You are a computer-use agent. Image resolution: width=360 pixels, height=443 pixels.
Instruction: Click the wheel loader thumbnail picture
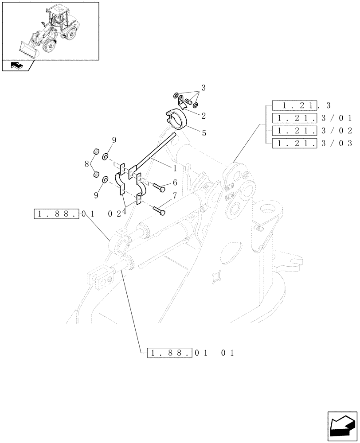pos(50,31)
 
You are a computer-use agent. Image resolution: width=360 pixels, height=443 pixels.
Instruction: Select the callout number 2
pos(203,116)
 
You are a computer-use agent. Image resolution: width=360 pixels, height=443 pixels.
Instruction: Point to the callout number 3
pos(203,88)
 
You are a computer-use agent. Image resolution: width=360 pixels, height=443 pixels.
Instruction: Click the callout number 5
pos(203,132)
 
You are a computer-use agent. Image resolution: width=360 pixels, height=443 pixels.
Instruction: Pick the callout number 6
pos(175,182)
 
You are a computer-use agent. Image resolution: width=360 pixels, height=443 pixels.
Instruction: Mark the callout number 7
pos(175,195)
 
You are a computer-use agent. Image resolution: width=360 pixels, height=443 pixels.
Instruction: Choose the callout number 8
pos(87,163)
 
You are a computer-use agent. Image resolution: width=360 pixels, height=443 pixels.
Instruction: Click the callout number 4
pos(124,212)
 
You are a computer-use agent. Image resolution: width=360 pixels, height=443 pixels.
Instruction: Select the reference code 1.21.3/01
pos(312,118)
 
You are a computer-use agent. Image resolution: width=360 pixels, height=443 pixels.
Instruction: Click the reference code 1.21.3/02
pos(312,131)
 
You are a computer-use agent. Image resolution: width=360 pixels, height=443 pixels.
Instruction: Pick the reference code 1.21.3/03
pos(312,143)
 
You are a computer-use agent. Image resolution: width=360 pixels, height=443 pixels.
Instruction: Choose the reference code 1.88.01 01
pos(191,353)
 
